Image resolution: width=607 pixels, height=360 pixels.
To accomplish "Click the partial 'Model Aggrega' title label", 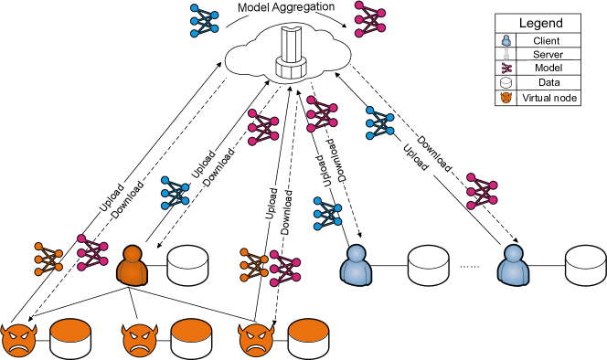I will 279,7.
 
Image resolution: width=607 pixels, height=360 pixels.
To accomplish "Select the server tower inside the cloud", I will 290,54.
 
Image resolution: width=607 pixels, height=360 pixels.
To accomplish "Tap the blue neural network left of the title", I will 204,20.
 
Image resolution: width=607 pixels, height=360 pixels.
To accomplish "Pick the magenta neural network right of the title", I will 369,18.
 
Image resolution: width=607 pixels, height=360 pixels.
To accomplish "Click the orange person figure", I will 133,266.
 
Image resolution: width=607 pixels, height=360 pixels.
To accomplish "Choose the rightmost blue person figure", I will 514,265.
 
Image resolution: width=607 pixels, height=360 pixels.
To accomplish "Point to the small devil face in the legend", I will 506,97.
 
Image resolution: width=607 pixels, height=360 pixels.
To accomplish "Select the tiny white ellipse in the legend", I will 506,80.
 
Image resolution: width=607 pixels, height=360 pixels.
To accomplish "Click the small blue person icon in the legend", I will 506,40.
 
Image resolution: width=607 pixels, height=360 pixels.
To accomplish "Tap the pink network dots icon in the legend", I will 506,68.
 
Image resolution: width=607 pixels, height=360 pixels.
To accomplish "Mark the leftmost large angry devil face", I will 18,340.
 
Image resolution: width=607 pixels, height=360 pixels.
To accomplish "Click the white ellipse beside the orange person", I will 187,258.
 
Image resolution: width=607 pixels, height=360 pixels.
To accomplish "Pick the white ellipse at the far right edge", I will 585,258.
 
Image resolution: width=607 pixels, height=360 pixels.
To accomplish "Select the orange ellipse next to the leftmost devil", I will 70,331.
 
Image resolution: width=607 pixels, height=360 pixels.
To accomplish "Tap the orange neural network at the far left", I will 48,259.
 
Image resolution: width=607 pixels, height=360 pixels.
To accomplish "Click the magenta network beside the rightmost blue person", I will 482,191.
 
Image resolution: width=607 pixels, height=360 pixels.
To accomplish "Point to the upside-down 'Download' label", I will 335,159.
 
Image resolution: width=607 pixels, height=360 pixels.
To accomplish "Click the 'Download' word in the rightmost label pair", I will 434,153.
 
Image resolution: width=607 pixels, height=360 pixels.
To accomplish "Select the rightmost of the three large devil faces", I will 256,340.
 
